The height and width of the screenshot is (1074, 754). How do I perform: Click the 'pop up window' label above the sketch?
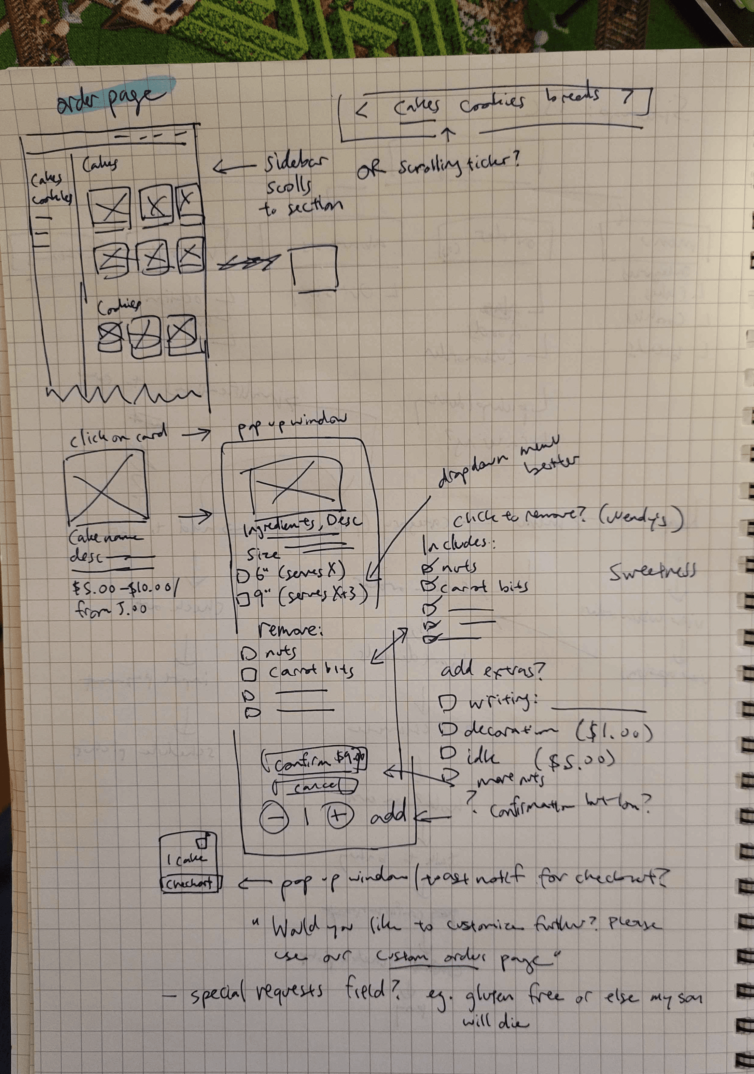click(x=292, y=423)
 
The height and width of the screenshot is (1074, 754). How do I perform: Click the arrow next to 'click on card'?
click(x=196, y=435)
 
